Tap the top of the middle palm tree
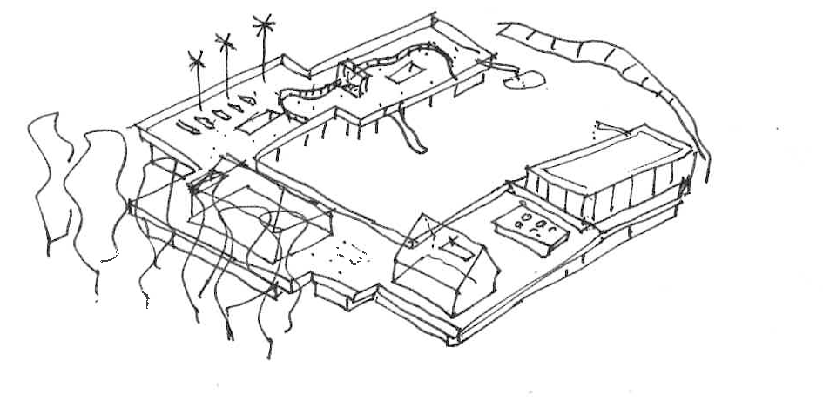pyautogui.click(x=225, y=43)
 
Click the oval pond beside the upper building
pyautogui.click(x=525, y=80)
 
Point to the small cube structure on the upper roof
pyautogui.click(x=354, y=78)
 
